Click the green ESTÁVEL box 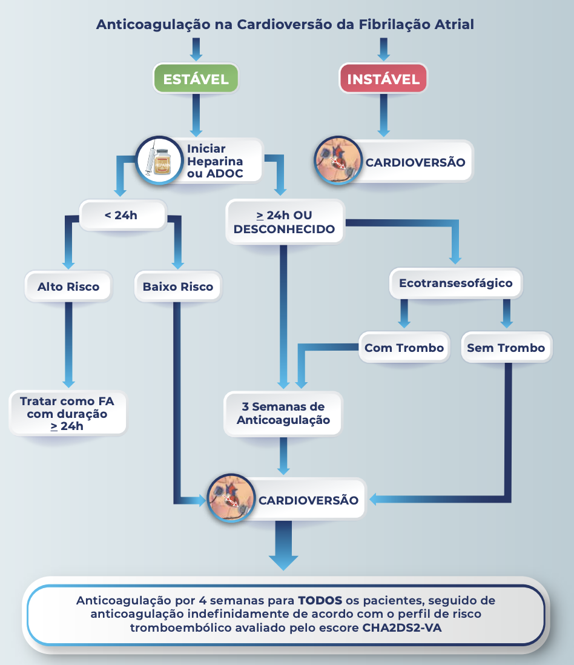[x=196, y=79]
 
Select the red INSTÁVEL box [x=383, y=79]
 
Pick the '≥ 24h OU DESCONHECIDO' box [x=284, y=222]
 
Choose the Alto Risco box [x=68, y=286]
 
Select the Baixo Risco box [x=178, y=286]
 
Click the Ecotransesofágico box [x=455, y=283]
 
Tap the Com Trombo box [x=404, y=348]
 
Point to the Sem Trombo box [x=506, y=348]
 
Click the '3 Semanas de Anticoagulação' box [x=283, y=413]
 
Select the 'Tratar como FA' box [x=68, y=413]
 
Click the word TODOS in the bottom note [x=320, y=601]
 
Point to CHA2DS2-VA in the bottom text [x=402, y=627]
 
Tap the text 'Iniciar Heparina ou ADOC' [x=215, y=162]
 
